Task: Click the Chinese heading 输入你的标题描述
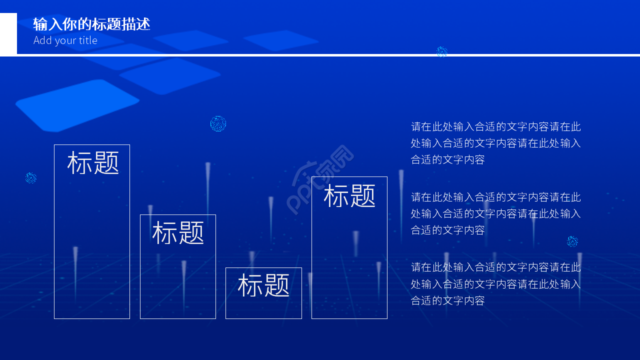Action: [91, 24]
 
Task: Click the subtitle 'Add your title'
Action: [65, 40]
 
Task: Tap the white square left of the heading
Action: [8, 34]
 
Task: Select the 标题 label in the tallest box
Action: [93, 163]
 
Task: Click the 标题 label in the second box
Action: [178, 233]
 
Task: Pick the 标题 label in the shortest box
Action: [263, 285]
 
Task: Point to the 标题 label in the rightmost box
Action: [349, 195]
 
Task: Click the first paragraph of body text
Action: [495, 143]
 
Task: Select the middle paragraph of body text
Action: [495, 213]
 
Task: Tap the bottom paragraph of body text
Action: [495, 283]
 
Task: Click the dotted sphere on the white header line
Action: [441, 52]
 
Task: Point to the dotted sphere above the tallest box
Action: [218, 123]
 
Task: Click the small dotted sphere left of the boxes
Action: [31, 177]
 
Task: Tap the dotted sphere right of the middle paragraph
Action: [572, 241]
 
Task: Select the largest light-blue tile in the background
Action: [77, 105]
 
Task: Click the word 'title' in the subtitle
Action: [88, 40]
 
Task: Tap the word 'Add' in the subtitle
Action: [42, 40]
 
